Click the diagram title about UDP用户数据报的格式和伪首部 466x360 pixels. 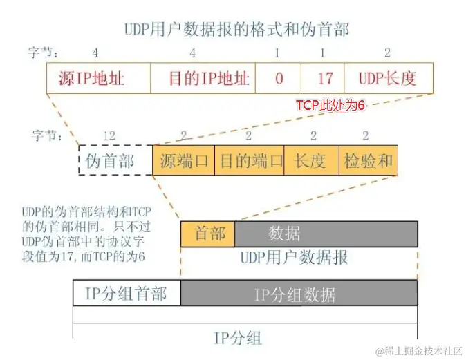(x=236, y=29)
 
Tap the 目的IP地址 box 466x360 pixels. (x=202, y=78)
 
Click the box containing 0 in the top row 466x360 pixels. (x=278, y=78)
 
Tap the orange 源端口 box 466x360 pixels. (x=183, y=160)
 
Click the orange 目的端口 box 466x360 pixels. (x=250, y=160)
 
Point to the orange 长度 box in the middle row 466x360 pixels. (x=311, y=160)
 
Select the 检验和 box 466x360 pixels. (x=368, y=160)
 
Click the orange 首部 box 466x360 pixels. (x=208, y=234)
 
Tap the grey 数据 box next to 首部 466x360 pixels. (x=326, y=234)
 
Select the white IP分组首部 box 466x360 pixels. (x=127, y=293)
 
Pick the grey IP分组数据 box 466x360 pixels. (x=299, y=293)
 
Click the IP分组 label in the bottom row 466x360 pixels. (x=237, y=338)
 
